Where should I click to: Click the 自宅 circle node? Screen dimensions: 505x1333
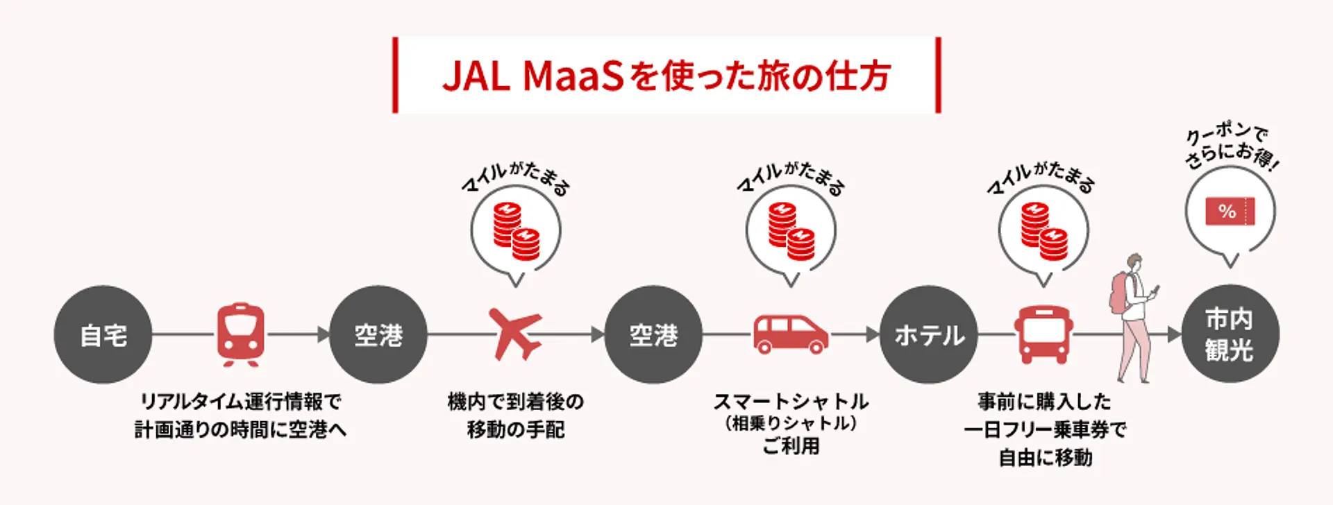click(x=103, y=335)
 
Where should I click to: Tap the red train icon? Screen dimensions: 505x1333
click(x=240, y=333)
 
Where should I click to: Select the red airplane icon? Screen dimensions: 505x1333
click(x=514, y=334)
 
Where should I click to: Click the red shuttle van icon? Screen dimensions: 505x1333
click(x=791, y=334)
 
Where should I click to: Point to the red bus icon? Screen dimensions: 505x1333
click(x=1043, y=334)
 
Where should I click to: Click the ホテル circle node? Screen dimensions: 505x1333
click(x=929, y=335)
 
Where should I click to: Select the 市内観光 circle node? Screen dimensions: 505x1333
click(x=1230, y=334)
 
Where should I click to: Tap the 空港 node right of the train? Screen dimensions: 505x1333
click(x=378, y=335)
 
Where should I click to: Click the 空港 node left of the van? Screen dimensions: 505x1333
click(x=653, y=335)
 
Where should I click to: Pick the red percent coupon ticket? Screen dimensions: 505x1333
click(x=1230, y=211)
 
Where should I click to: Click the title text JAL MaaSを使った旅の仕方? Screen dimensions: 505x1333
click(x=666, y=76)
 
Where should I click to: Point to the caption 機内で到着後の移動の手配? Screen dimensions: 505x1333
click(x=516, y=415)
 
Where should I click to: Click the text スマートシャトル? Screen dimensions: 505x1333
click(x=791, y=401)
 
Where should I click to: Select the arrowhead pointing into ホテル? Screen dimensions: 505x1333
click(x=873, y=335)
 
